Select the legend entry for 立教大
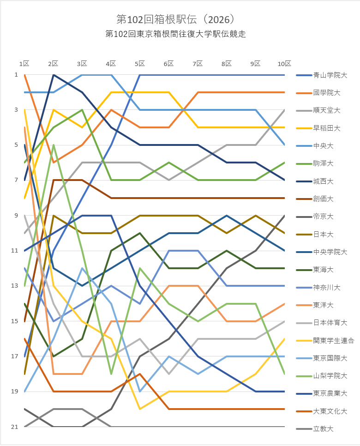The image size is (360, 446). click(x=324, y=428)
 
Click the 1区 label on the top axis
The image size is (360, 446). click(x=24, y=64)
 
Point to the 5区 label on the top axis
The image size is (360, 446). click(x=140, y=64)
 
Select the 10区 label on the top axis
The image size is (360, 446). click(x=284, y=64)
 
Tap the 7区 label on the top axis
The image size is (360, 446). click(x=198, y=64)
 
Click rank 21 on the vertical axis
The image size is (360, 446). click(x=15, y=427)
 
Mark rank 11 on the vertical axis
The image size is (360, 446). click(x=15, y=251)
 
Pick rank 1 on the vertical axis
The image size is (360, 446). click(x=16, y=75)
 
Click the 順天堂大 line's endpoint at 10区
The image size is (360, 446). click(x=284, y=110)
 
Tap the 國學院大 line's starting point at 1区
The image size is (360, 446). click(x=24, y=75)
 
